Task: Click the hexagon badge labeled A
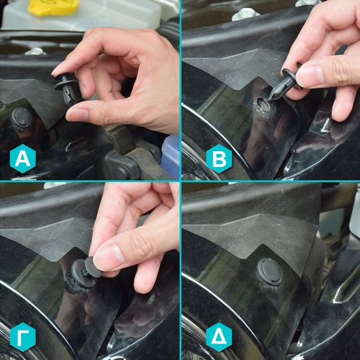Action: pyautogui.click(x=23, y=158)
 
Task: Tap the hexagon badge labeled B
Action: pyautogui.click(x=219, y=158)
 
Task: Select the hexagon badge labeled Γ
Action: pyautogui.click(x=23, y=337)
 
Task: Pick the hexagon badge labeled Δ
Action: pyautogui.click(x=219, y=337)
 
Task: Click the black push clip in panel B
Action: pyautogui.click(x=286, y=83)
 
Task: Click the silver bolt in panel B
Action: pyautogui.click(x=245, y=14)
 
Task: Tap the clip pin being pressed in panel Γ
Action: pyautogui.click(x=92, y=266)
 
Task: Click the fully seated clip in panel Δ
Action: pyautogui.click(x=269, y=272)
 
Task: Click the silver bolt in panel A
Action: pyautogui.click(x=35, y=51)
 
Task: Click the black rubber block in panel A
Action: pyautogui.click(x=121, y=166)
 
